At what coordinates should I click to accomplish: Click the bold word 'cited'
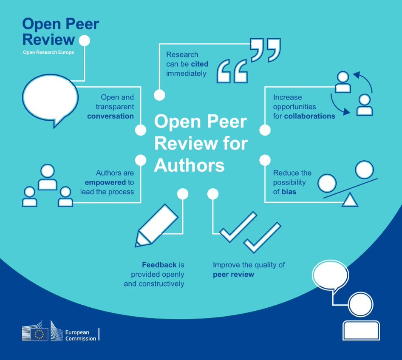coord(200,64)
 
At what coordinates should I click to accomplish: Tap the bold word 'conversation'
coord(110,116)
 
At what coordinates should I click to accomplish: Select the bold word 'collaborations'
coord(309,116)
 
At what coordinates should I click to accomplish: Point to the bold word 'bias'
coord(289,192)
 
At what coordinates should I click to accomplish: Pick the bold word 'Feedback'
coord(159,265)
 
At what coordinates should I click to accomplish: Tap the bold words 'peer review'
coord(233,275)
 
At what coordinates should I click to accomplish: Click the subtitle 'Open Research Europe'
coord(48,52)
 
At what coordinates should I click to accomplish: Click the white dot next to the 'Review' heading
coord(85,41)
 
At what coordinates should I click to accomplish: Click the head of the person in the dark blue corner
coord(361,304)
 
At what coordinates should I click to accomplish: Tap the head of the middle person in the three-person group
coord(47,171)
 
